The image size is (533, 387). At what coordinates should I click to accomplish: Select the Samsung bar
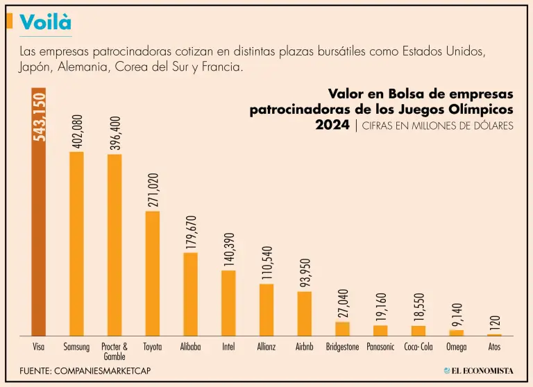coord(76,243)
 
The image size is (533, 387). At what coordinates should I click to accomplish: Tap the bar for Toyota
coord(152,273)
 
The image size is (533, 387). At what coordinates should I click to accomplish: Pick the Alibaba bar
coord(190,294)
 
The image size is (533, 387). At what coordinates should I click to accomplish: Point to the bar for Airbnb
coord(304,313)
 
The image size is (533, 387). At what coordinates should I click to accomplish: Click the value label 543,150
coord(39,116)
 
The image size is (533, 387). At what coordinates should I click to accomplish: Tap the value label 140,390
coord(228,249)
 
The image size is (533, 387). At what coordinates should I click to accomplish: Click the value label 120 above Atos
coord(495,322)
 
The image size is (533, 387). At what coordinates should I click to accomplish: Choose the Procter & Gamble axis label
coord(115,351)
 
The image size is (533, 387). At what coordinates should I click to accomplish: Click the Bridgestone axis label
coord(342,347)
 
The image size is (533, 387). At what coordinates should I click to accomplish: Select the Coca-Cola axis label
coord(418,347)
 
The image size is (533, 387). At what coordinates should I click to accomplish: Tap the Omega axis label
coord(456,347)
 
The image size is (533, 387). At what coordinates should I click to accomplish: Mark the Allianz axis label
coord(266,347)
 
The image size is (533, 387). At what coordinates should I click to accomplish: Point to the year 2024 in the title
coord(332,126)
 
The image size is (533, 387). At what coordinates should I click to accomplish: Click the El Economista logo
coord(478,371)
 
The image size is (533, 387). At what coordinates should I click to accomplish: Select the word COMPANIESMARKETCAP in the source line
coord(104,371)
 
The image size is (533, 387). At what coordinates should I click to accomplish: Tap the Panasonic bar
coord(380,330)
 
